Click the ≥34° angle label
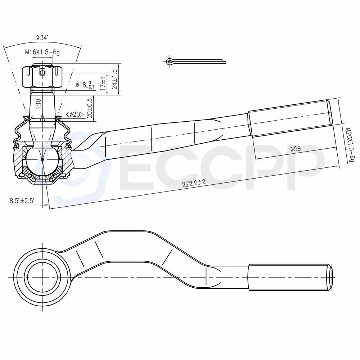43,38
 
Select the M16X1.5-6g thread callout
42,52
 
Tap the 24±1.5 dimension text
115,79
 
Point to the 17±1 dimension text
103,83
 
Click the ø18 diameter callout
85,85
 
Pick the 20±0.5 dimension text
90,108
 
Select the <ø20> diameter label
75,114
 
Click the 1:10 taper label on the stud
38,104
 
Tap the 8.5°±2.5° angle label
22,201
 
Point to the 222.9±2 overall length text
194,183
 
